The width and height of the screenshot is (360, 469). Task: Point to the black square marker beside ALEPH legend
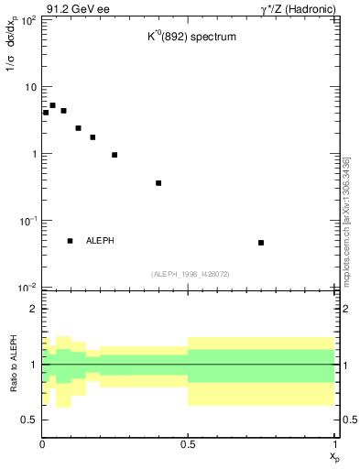click(x=71, y=241)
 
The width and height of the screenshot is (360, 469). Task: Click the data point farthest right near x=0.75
click(x=261, y=243)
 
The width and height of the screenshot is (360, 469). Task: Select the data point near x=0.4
click(x=158, y=183)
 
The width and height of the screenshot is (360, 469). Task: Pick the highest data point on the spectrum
click(x=53, y=105)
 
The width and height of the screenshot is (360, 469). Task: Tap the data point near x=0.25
click(x=115, y=155)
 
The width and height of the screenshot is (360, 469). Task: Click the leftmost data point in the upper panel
click(x=46, y=113)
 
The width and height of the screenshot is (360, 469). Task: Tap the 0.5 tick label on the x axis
click(x=188, y=443)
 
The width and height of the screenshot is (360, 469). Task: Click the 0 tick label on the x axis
click(x=42, y=443)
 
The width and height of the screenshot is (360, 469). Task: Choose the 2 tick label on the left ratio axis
click(x=33, y=309)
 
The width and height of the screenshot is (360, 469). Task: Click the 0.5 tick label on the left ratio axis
click(x=29, y=420)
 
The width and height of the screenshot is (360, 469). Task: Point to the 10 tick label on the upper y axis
click(x=29, y=87)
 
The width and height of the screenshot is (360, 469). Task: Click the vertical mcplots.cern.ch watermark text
click(x=346, y=220)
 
